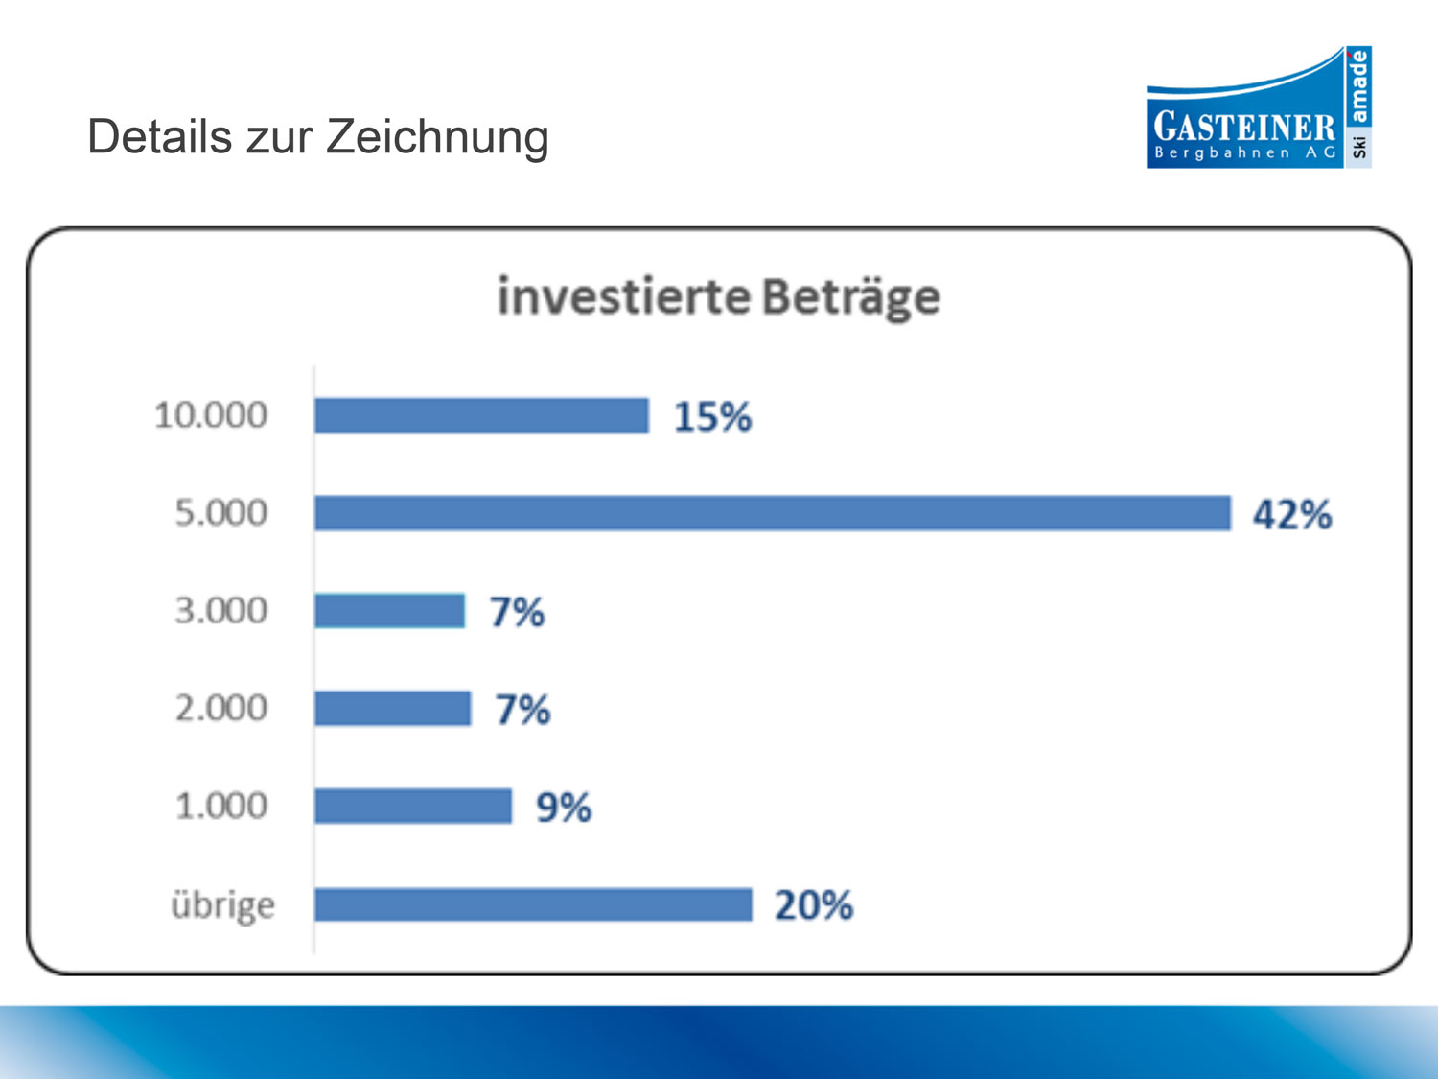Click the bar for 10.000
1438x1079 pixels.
481,415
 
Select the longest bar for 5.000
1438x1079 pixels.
772,513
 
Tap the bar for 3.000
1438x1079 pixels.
389,611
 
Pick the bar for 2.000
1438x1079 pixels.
392,709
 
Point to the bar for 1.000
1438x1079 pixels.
412,807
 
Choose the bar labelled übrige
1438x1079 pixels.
533,904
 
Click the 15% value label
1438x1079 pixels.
712,417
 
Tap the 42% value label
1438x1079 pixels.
1291,515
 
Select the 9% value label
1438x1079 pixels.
563,808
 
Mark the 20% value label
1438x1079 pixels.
813,905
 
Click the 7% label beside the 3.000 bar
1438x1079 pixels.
517,612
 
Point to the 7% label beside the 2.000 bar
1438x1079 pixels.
522,710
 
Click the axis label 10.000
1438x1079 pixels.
211,415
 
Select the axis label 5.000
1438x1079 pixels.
220,513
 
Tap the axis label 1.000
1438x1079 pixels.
220,806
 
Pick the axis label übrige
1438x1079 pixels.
222,905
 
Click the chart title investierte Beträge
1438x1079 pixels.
718,296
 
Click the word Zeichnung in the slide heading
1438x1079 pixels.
437,137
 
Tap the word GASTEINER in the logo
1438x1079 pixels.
1243,127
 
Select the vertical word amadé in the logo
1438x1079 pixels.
1358,86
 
